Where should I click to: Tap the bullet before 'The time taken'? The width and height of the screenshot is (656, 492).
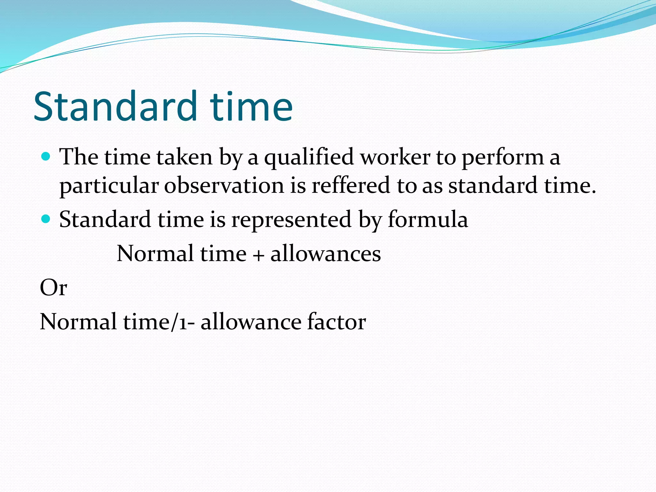click(46, 157)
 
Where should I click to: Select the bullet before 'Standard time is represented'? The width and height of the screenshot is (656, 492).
click(46, 219)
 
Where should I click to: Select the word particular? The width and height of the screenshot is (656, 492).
click(109, 186)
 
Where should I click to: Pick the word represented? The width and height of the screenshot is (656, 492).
click(291, 220)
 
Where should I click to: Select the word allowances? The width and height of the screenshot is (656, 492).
click(325, 254)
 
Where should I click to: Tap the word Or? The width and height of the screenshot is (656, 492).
click(53, 288)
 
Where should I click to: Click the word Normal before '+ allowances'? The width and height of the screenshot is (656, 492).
click(155, 254)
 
